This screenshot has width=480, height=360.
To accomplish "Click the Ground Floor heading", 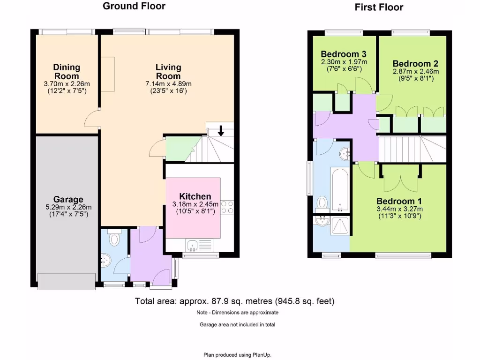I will coord(134,6).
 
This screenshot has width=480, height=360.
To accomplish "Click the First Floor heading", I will coord(379,7).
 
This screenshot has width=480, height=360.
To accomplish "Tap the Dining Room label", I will coord(66,72).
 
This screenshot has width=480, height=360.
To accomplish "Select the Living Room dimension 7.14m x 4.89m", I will coord(168,84).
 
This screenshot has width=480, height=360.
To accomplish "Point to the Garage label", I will coord(68,199).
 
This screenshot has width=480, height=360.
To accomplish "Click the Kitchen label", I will coord(195,196).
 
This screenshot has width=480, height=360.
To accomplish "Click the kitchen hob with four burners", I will coord(227,207).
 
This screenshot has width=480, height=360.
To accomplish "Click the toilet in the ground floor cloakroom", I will coord(113,240).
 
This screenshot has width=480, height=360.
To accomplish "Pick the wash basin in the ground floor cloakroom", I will coord(105,259).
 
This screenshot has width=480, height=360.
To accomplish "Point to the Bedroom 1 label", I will coord(399,201).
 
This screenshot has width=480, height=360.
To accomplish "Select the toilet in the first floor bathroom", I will coord(322,202).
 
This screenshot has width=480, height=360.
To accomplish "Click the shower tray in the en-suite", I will coord(340,225).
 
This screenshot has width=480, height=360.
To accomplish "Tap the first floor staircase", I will coord(412,149).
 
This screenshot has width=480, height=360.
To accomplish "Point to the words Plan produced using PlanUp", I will coord(237,355).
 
